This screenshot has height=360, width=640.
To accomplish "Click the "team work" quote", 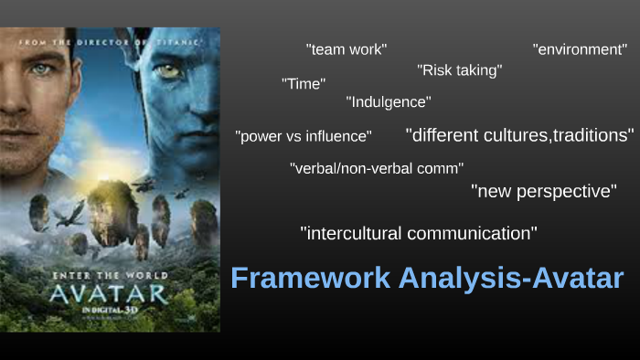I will pyautogui.click(x=347, y=49).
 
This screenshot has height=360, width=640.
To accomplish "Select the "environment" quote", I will pyautogui.click(x=580, y=49).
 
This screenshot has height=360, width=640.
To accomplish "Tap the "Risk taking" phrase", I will pyautogui.click(x=459, y=69).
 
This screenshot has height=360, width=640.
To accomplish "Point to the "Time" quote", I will pyautogui.click(x=304, y=84).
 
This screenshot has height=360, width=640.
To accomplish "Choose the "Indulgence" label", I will pyautogui.click(x=389, y=102).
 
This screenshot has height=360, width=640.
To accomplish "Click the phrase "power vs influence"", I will pyautogui.click(x=304, y=136).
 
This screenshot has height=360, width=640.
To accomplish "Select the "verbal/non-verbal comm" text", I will pyautogui.click(x=377, y=168).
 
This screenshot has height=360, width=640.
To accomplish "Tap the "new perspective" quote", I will pyautogui.click(x=544, y=192).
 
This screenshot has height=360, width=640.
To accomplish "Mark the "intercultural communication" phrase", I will pyautogui.click(x=419, y=233).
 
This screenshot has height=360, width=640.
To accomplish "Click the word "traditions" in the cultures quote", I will pyautogui.click(x=591, y=135).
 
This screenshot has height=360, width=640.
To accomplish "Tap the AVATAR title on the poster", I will pyautogui.click(x=109, y=293).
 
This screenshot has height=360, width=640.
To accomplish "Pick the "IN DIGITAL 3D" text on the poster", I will pyautogui.click(x=110, y=311).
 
